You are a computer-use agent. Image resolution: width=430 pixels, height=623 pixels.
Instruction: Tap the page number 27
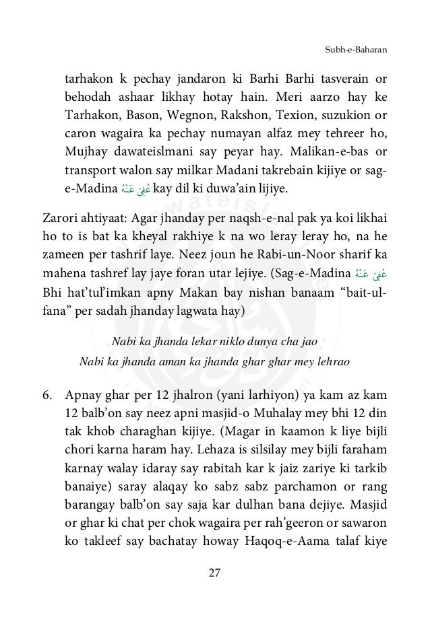pos(214,573)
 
